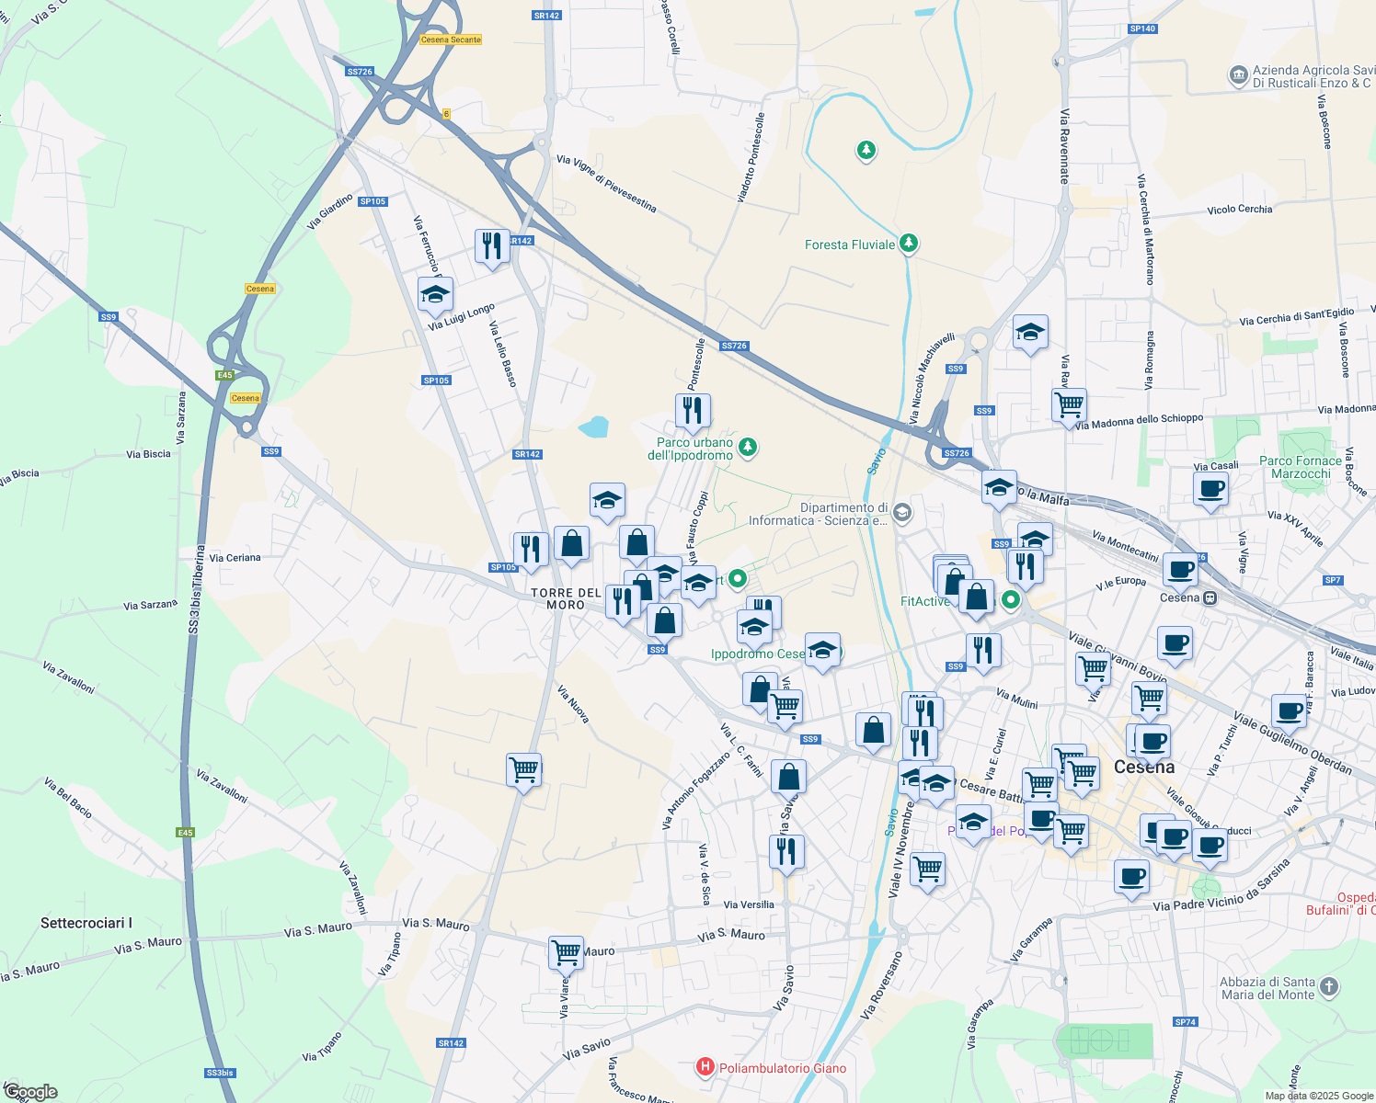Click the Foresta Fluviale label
point(849,244)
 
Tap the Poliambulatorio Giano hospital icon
point(705,1067)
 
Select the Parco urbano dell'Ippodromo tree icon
point(749,448)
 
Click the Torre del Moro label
point(566,598)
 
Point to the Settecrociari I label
point(86,923)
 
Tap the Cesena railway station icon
point(1210,597)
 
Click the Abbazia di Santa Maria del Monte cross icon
point(1328,987)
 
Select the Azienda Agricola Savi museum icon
point(1238,75)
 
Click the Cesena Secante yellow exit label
point(451,40)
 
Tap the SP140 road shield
point(1141,28)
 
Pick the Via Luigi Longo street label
point(462,316)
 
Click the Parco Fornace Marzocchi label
point(1301,467)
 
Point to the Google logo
point(30,1092)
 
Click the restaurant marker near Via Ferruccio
point(492,246)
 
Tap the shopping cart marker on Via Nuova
point(523,769)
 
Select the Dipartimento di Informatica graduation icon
point(902,512)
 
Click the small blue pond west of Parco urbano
point(593,426)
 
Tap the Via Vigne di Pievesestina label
point(606,184)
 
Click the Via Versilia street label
point(749,904)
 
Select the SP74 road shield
point(1186,1022)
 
